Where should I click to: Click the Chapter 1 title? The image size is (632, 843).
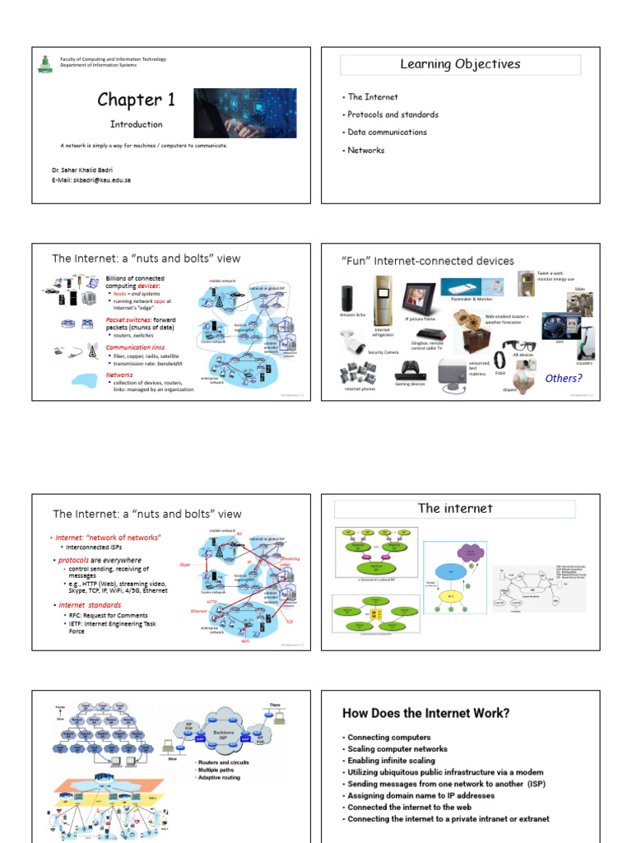[x=136, y=100]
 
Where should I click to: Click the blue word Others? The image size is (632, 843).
[x=563, y=379]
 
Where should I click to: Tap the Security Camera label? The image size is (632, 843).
[x=360, y=352]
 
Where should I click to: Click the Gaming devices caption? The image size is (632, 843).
[x=410, y=383]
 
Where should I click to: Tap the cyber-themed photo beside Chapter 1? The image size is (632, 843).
[x=244, y=113]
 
